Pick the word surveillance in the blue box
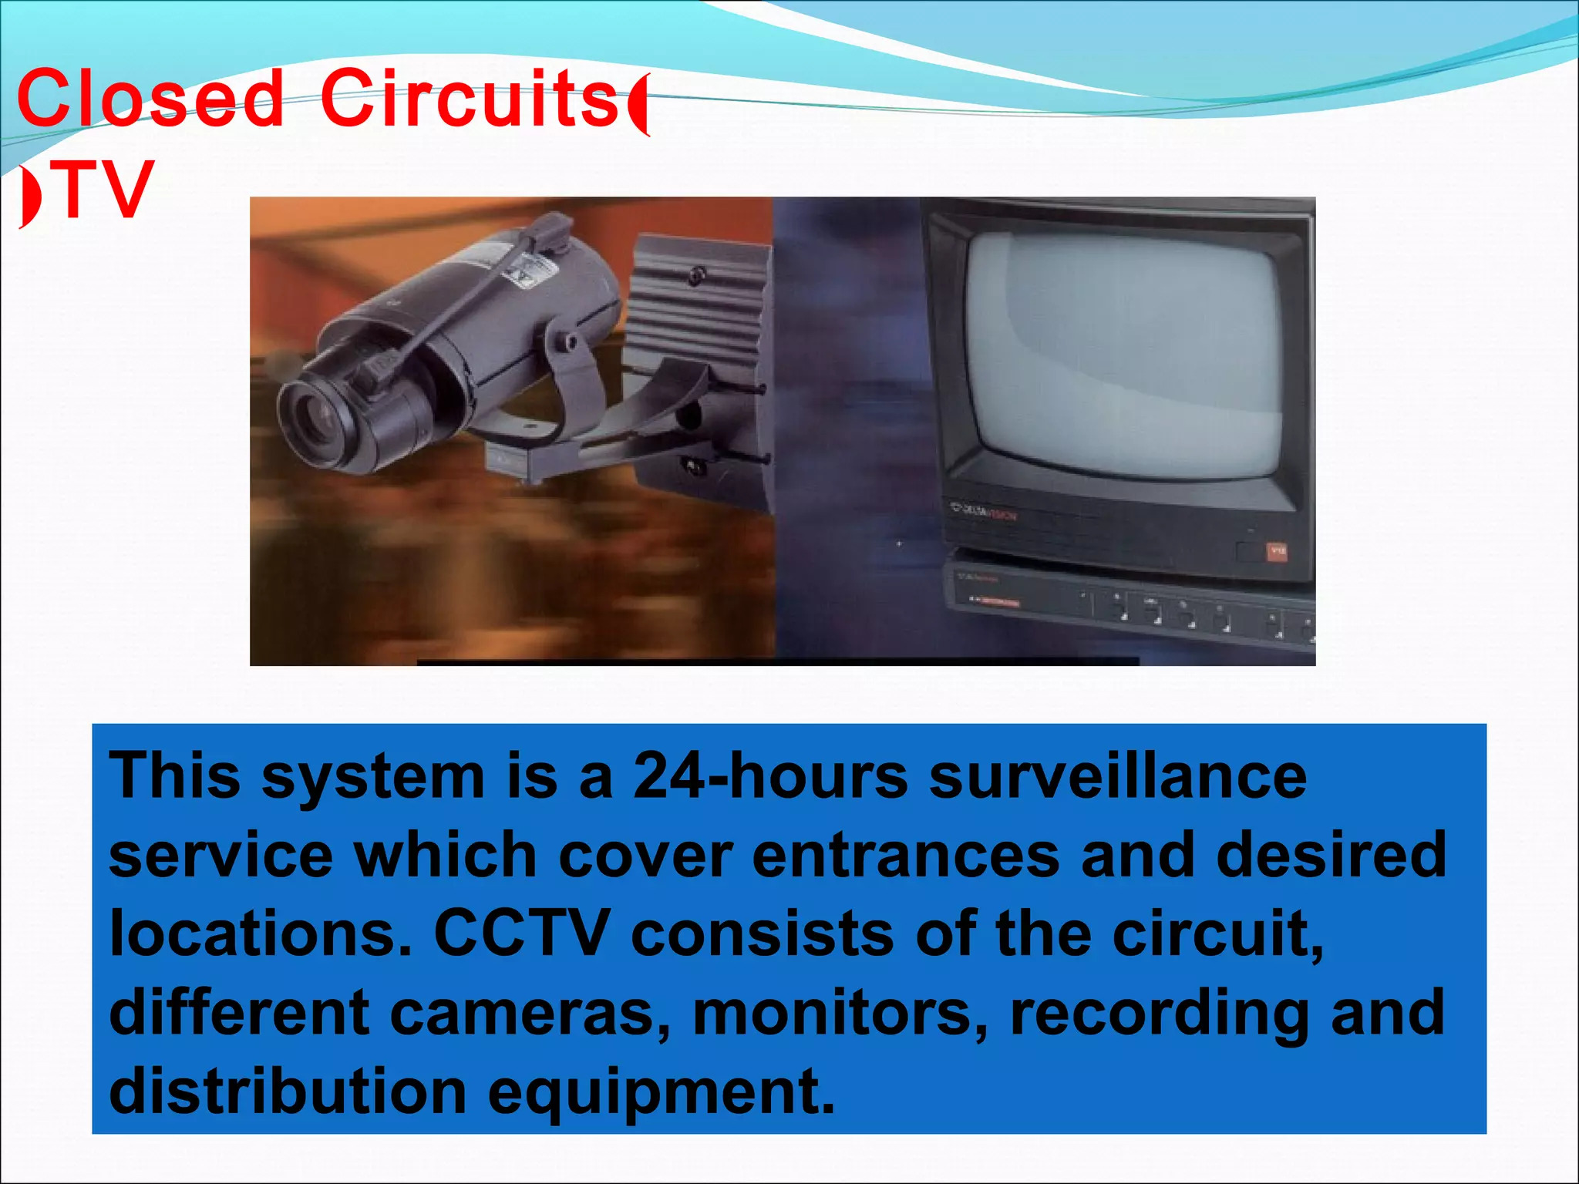(x=1118, y=777)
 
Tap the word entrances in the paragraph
(x=905, y=856)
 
